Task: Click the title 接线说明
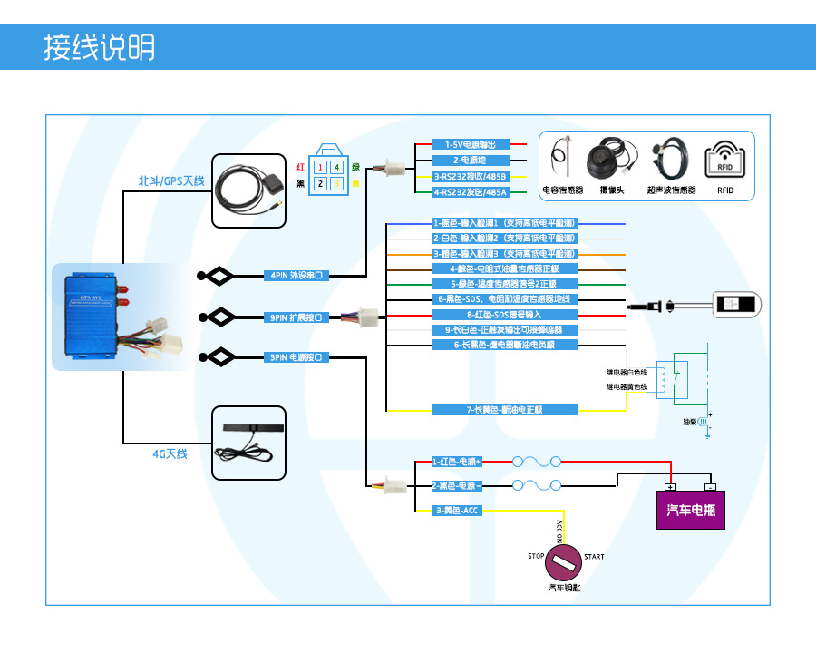point(100,47)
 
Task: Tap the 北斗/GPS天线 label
point(171,180)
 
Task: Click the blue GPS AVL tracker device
point(91,317)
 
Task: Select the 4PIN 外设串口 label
point(295,275)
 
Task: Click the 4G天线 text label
point(170,453)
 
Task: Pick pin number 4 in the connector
point(336,167)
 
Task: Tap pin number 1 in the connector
point(319,167)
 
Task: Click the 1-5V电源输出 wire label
point(471,144)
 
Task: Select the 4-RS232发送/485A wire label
point(471,192)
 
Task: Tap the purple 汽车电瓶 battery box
point(691,510)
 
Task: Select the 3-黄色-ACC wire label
point(456,511)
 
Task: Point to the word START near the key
point(594,557)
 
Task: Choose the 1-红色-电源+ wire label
point(456,462)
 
